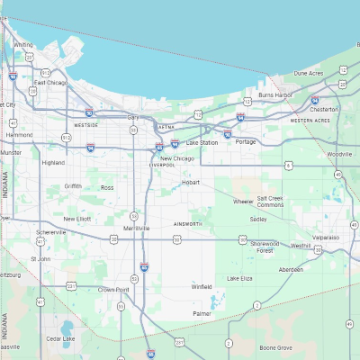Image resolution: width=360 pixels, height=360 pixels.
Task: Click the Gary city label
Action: pos(133,117)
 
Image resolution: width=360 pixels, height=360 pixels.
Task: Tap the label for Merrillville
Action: pos(137,229)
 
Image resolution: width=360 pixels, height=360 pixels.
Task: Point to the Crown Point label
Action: pos(114,289)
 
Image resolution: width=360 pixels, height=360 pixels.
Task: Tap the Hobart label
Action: pos(191,182)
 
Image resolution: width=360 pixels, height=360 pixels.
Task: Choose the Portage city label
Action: pos(246,141)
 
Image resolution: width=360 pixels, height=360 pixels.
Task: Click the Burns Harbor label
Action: pos(274,94)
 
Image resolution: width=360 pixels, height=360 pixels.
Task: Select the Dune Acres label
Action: pos(309,73)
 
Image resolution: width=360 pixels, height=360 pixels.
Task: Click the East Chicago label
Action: pos(51,83)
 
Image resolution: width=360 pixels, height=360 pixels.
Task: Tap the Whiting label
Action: pos(23,44)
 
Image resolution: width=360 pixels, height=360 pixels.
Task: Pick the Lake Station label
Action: pos(202,143)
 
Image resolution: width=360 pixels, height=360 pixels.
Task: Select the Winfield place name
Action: pos(202,287)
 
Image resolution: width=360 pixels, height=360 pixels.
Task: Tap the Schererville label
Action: pos(51,232)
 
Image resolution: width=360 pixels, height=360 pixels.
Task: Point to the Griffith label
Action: pos(73,186)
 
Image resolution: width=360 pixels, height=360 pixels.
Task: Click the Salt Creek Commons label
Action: pos(271,202)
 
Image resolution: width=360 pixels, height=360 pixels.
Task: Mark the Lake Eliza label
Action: pos(240,278)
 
